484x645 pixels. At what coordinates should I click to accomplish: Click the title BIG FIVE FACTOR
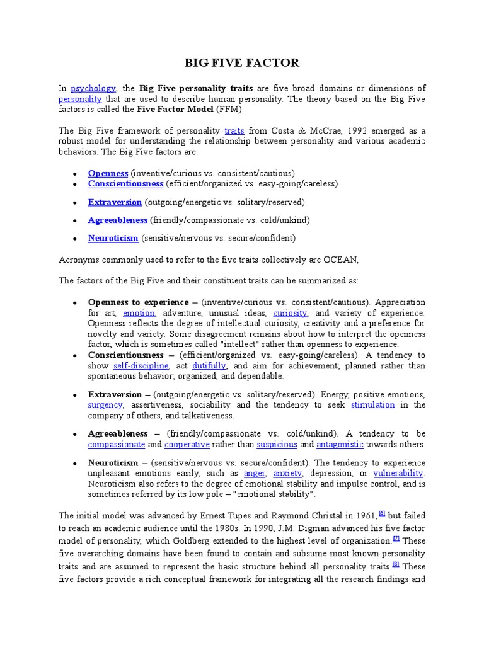point(241,62)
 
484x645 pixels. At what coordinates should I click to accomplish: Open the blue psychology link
point(93,88)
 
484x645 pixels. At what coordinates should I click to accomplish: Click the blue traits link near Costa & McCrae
point(234,130)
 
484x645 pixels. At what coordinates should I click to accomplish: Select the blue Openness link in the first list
point(108,173)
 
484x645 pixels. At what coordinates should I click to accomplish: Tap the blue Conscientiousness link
point(126,184)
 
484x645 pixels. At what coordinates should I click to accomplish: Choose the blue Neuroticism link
point(113,238)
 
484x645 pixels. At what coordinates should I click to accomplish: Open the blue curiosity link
point(290,313)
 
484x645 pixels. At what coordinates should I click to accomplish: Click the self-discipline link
point(141,366)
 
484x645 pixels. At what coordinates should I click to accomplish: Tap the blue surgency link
point(105,405)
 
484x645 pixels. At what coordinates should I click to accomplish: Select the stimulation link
point(372,405)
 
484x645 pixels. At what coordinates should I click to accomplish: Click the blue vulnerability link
point(398,473)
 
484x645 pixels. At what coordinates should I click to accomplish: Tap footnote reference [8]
point(396,564)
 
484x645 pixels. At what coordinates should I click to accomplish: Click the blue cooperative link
point(187,444)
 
